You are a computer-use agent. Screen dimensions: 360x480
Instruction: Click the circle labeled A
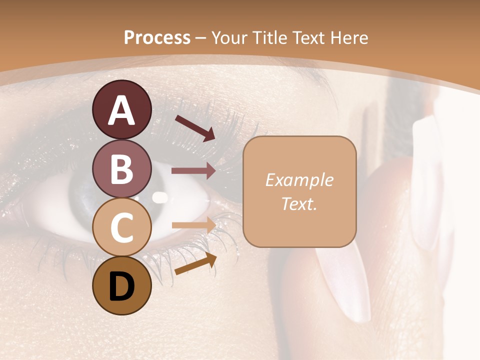(x=121, y=109)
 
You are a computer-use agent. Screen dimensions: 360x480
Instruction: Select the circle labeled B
(x=121, y=169)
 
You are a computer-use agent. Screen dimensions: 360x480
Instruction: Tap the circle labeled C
(x=121, y=227)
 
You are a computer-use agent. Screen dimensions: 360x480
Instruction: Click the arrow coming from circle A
(x=194, y=127)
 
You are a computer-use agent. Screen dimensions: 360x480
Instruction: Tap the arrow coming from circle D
(x=195, y=264)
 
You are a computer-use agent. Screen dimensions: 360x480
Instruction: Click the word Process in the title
(x=157, y=37)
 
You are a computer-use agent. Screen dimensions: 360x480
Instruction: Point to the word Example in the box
(x=299, y=180)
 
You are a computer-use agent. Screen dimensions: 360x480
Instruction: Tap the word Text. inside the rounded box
(x=299, y=203)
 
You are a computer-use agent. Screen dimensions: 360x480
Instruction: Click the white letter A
(x=121, y=110)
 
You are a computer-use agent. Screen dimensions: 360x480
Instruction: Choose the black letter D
(x=121, y=287)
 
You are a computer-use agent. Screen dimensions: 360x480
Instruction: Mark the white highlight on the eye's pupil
(x=159, y=197)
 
